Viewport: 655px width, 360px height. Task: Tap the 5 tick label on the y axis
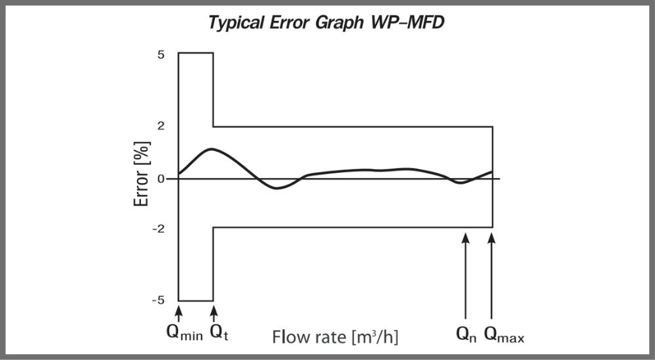(161, 54)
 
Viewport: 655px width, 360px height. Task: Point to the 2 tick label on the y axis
(161, 126)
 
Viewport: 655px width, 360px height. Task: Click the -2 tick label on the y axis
(159, 228)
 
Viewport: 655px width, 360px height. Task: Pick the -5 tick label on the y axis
(159, 300)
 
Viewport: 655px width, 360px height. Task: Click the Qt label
(219, 334)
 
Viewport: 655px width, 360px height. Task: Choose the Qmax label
(504, 334)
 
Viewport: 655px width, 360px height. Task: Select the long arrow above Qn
(465, 275)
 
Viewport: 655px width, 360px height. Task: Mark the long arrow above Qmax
(492, 275)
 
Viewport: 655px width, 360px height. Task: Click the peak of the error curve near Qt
(211, 149)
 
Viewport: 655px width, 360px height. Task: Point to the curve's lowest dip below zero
(278, 188)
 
